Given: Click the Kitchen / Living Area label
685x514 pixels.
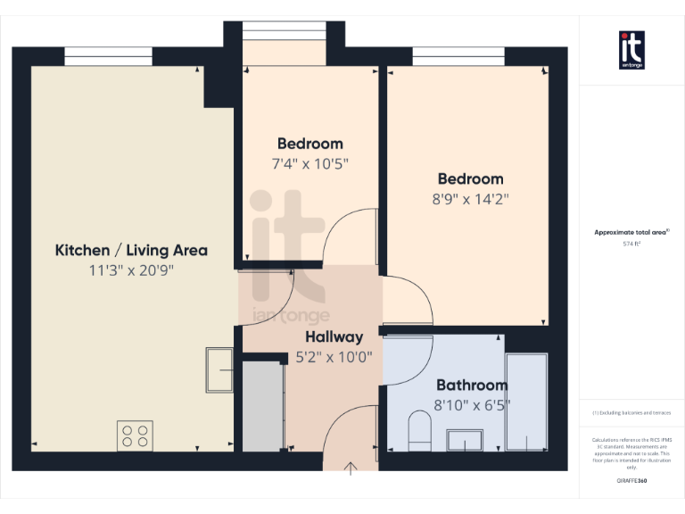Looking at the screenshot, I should click(x=131, y=250).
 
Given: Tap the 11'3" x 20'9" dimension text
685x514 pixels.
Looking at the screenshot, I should click(x=131, y=270).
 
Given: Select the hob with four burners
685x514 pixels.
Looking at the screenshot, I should click(x=135, y=435).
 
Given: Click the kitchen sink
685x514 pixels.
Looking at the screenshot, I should click(x=219, y=369).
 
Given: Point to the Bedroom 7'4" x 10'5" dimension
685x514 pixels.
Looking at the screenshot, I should click(x=309, y=163).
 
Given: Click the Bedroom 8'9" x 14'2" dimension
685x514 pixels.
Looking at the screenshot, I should click(x=469, y=198).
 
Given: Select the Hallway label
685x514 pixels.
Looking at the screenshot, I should click(x=334, y=336).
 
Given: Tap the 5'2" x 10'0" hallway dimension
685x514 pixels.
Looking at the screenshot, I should click(x=334, y=357).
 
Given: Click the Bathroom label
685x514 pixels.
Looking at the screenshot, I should click(x=471, y=385).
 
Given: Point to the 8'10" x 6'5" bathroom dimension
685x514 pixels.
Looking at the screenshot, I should click(x=471, y=406).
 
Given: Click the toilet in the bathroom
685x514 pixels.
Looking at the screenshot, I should click(x=419, y=431).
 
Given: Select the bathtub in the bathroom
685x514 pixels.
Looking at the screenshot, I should click(x=526, y=401).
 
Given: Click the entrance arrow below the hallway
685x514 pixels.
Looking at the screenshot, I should click(x=351, y=468).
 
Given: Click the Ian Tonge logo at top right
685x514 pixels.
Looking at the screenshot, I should click(x=631, y=50).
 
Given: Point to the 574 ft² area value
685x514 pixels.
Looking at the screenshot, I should click(x=631, y=242).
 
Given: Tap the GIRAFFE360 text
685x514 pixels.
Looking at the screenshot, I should click(x=631, y=480).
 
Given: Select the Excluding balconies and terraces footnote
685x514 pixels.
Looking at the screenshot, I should click(x=631, y=413).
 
